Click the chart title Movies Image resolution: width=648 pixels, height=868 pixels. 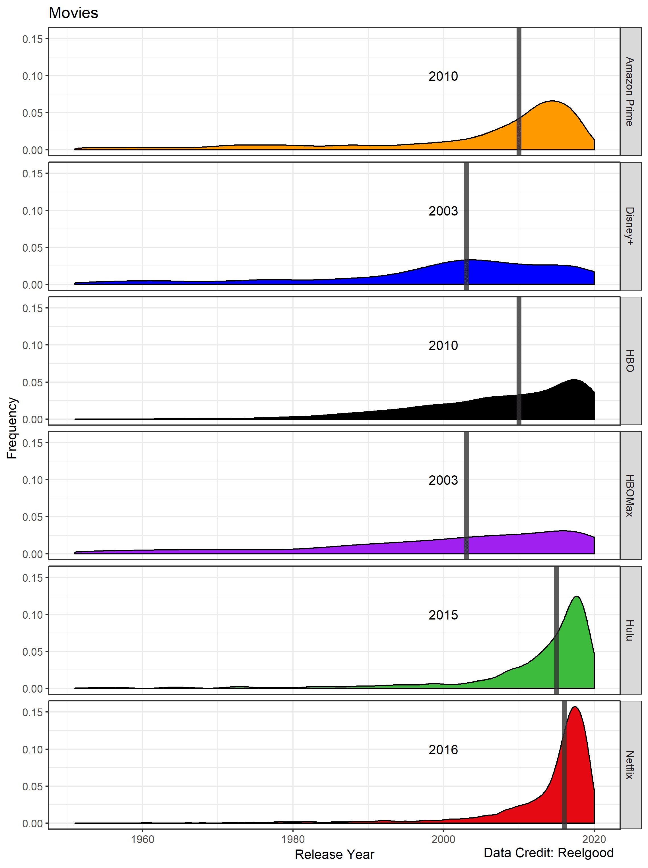(x=73, y=13)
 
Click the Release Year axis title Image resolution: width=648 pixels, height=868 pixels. (x=334, y=854)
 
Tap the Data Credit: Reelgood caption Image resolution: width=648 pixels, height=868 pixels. (x=548, y=853)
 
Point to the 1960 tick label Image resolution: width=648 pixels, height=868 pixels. (x=143, y=839)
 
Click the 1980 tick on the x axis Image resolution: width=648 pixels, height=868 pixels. (x=293, y=839)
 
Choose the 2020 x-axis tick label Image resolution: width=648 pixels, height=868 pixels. (x=594, y=839)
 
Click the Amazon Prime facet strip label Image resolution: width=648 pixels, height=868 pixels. (x=630, y=91)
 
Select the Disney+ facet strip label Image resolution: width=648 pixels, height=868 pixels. (x=630, y=226)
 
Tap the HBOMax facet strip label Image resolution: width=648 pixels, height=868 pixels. (x=630, y=495)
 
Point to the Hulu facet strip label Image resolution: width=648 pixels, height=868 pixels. (x=630, y=630)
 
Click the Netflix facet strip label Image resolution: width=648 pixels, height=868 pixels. (x=630, y=765)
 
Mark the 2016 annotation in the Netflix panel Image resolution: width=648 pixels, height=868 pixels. (x=443, y=750)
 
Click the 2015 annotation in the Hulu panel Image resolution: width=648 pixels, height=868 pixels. (x=443, y=615)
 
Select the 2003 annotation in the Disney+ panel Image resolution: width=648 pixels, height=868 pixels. (x=443, y=211)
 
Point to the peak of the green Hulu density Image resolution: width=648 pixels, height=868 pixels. (x=577, y=597)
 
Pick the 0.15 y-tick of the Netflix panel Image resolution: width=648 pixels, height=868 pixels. (x=32, y=712)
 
